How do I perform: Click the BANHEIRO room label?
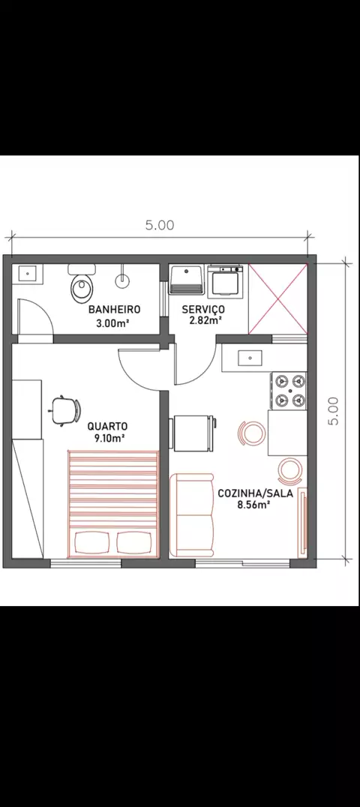coord(114,309)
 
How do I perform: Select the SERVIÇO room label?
coord(203,309)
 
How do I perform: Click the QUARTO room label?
coord(107,426)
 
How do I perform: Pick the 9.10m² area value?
coord(107,438)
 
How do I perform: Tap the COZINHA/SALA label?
coord(255,493)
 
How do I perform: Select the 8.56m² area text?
coord(254,505)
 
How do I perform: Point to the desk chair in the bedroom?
coord(65,410)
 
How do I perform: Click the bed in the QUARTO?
coord(112,504)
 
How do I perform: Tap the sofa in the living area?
coord(191,515)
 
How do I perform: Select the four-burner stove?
coord(289,391)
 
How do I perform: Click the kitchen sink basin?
coord(250,358)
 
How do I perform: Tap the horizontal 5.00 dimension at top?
coord(160,225)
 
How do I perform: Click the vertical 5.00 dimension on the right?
coord(334,411)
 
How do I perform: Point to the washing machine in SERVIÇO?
coord(225,281)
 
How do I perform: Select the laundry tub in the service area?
coord(186,280)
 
